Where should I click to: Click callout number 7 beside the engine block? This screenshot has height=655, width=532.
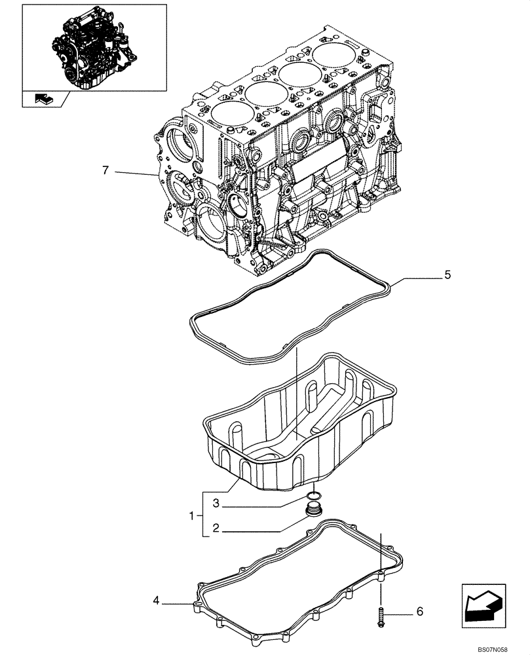pos(104,171)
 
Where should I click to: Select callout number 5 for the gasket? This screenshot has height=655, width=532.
pos(447,275)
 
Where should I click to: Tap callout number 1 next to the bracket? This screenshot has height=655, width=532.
pos(193,515)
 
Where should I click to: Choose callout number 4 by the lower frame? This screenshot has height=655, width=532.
pos(157,599)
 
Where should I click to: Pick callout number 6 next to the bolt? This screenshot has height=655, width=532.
pos(419,612)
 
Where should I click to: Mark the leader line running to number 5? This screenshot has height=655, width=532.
pos(416,278)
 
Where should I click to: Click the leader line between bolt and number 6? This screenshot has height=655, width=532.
pos(398,613)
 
